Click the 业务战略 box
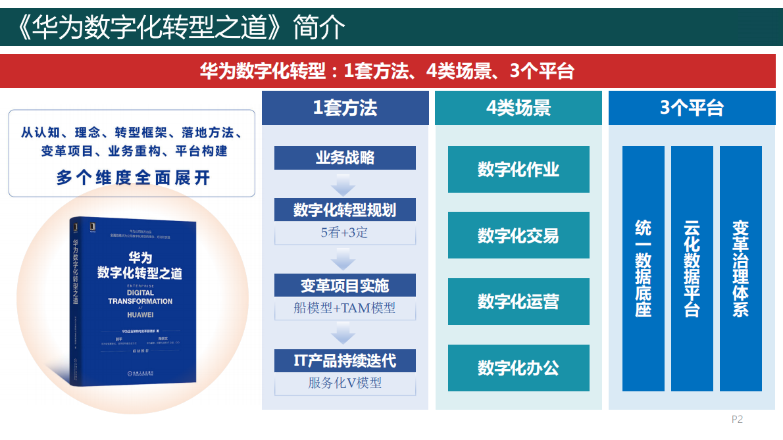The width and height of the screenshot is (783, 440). click(345, 158)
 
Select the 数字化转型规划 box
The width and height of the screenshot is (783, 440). click(345, 210)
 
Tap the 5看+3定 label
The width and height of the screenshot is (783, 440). click(345, 232)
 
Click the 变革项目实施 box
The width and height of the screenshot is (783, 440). click(345, 285)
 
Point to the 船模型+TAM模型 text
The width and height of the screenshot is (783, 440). click(345, 308)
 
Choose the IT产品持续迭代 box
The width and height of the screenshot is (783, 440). click(345, 360)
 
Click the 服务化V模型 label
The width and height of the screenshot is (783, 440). click(345, 383)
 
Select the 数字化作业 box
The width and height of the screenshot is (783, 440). click(518, 170)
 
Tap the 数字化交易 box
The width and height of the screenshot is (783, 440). click(518, 235)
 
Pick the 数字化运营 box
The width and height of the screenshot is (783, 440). click(518, 301)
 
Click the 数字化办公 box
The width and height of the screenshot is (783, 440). click(518, 368)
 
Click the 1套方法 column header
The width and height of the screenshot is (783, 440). click(345, 108)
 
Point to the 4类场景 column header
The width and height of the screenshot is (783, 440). click(518, 108)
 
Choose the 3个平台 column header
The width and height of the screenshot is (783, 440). click(692, 108)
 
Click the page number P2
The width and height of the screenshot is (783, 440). click(737, 419)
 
